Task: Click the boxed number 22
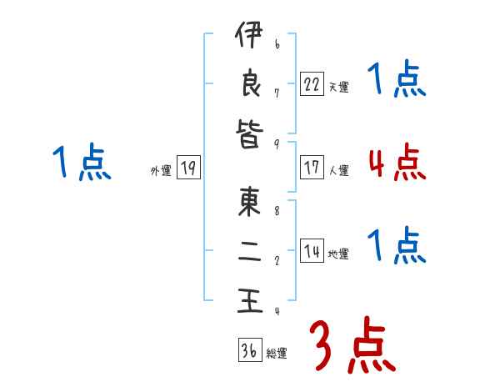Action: pos(312,83)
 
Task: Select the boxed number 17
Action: pos(312,168)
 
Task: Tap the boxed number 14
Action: pos(312,251)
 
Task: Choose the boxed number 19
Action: pos(188,168)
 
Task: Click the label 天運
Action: pos(338,87)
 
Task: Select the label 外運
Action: pos(161,171)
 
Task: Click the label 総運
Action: pos(277,354)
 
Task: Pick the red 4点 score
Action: pos(397,162)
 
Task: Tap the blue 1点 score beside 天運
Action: pos(397,80)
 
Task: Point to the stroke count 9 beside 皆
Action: pos(277,143)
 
